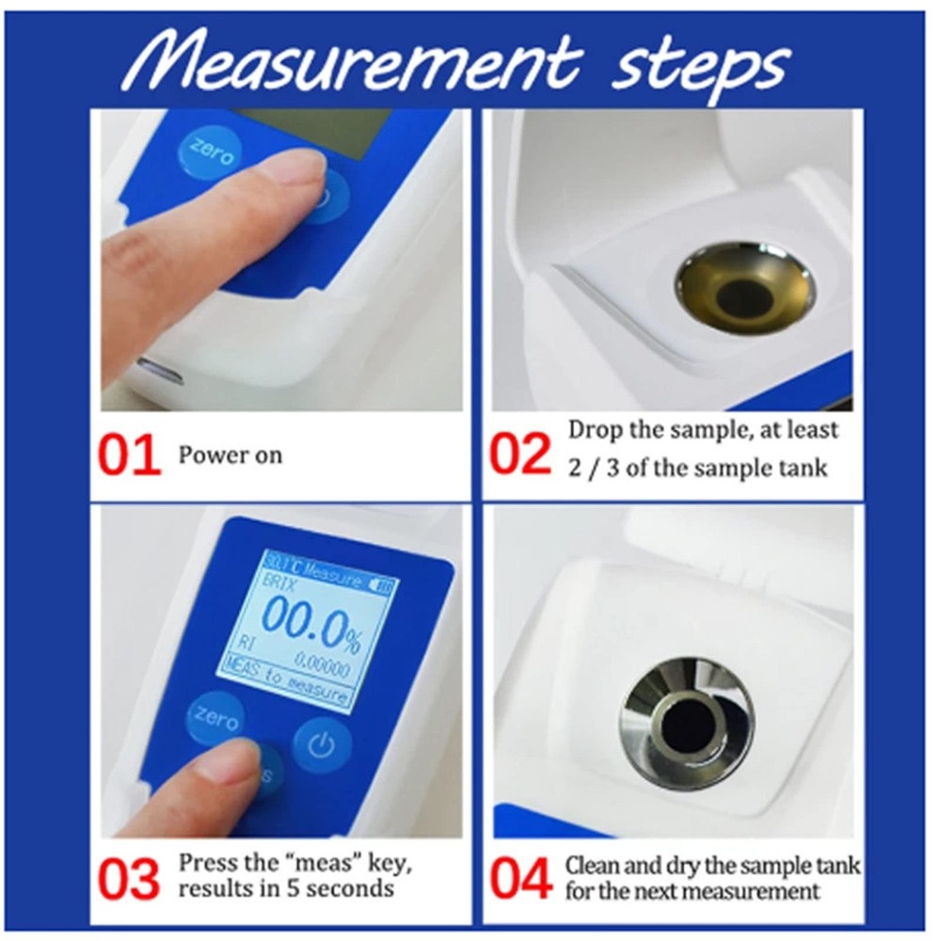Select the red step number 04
pos(519,879)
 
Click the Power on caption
pos(231,455)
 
